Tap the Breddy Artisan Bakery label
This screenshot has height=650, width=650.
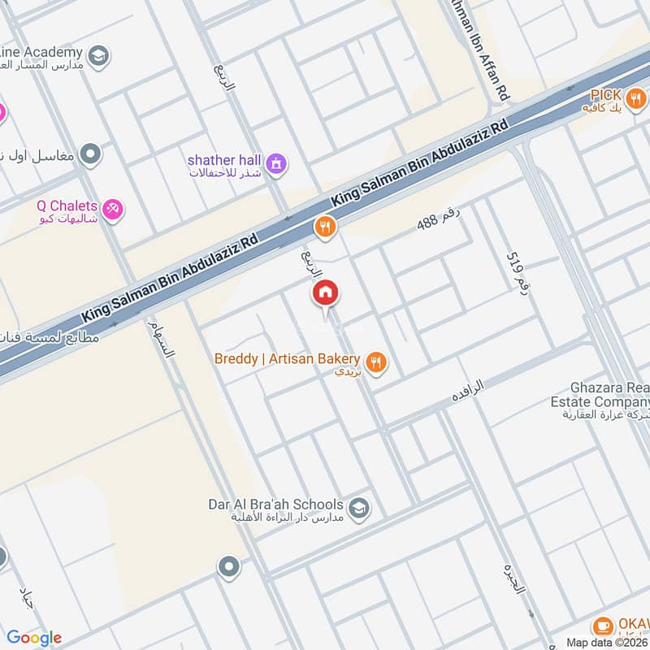pos(287,358)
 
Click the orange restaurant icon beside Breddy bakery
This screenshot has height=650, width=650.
pos(375,362)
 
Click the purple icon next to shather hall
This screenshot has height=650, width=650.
pos(278,163)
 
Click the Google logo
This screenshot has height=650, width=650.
pos(33,638)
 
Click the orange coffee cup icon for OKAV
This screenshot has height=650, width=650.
pos(602,626)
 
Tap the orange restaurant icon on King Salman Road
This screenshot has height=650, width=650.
pos(326,227)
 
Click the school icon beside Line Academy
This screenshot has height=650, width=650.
pos(98,55)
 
